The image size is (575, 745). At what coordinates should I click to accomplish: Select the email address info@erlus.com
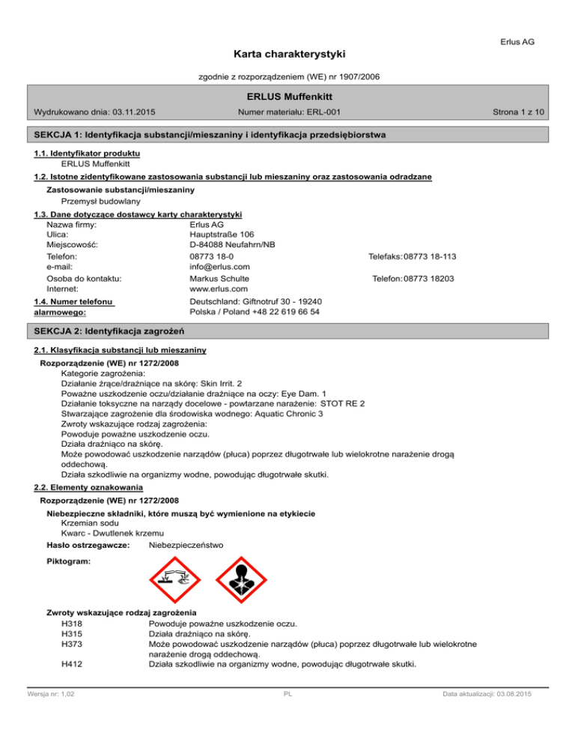click(220, 267)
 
